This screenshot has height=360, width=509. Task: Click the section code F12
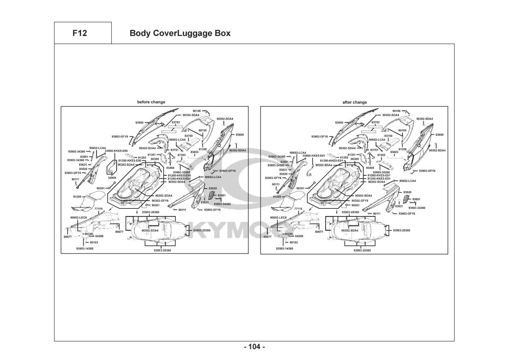point(79,33)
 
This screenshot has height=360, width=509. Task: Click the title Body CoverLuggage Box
point(180,33)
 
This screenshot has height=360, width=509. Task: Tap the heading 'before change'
point(151,102)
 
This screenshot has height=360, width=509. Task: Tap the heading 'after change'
point(355,102)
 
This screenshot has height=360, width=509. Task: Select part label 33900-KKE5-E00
point(116,151)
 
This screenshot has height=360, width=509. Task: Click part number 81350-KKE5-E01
point(331,161)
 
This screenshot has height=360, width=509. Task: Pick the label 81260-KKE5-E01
point(379,175)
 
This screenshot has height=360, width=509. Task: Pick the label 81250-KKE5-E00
point(179,179)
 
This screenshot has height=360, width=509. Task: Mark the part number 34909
point(112,178)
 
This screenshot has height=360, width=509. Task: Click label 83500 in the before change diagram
point(140,123)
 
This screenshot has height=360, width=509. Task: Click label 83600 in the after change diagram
point(439,135)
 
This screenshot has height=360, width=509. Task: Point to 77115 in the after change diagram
point(298,209)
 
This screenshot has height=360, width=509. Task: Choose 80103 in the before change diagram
point(94,242)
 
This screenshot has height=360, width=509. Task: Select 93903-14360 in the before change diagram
point(85,248)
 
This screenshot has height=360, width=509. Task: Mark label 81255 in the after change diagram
point(277,197)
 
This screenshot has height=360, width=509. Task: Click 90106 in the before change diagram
point(196,111)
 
